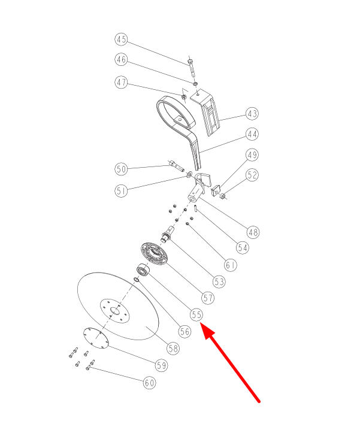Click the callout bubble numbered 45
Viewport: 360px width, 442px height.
click(121, 39)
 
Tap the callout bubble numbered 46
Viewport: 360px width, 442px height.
click(121, 59)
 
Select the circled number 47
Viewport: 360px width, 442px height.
click(121, 82)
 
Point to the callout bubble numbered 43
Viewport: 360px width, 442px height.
click(252, 114)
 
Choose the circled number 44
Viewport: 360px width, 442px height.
click(252, 134)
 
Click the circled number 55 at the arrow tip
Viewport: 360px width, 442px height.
click(196, 314)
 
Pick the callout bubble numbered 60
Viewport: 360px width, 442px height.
click(149, 383)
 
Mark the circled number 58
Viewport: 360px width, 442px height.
click(173, 349)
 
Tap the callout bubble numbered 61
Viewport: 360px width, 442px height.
click(231, 265)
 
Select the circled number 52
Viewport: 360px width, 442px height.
click(252, 175)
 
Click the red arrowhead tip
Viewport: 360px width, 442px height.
click(201, 323)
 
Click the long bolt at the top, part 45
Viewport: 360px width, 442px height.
click(192, 67)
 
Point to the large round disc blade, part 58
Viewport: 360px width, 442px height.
click(118, 306)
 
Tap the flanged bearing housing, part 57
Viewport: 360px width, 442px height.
click(154, 253)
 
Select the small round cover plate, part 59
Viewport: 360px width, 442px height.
click(96, 338)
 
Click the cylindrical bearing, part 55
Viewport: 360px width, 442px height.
click(143, 271)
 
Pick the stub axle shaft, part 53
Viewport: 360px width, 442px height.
click(167, 234)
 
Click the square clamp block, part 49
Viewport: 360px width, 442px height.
click(216, 190)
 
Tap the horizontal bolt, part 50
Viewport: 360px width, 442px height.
click(177, 165)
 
